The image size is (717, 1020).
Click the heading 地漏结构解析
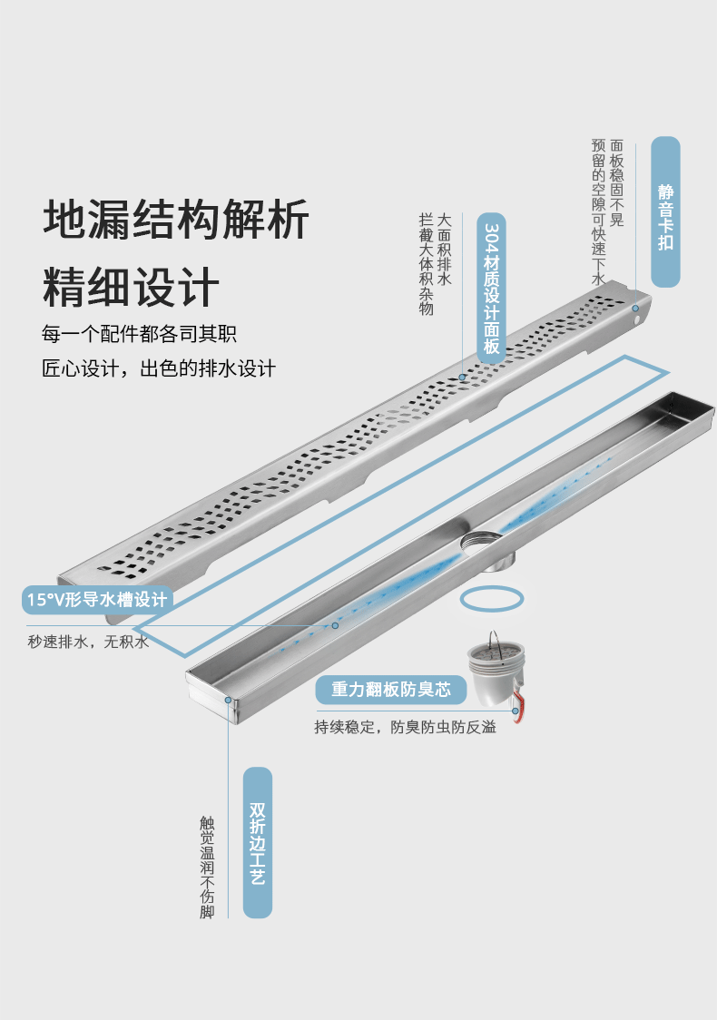pos(176,220)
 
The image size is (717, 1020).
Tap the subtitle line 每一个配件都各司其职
pos(139,334)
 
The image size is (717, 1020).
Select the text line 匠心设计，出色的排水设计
pos(158,369)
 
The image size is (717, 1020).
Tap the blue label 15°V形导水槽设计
pos(97,599)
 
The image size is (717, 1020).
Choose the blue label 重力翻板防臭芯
pos(390,690)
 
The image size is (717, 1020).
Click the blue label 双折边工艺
pos(258,843)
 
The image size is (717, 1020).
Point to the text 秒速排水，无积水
pos(88,642)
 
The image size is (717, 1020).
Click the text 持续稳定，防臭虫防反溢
pos(406,727)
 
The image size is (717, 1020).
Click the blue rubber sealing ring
pos(492,600)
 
